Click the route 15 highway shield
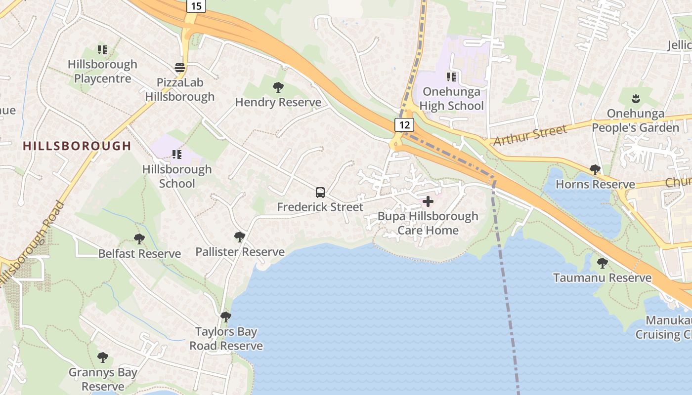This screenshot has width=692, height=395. point(196,6)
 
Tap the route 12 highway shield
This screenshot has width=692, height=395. point(404,125)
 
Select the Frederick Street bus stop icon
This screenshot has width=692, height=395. point(320,193)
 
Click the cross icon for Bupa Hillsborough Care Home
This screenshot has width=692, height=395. point(428,201)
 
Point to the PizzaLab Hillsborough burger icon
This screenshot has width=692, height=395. point(180,67)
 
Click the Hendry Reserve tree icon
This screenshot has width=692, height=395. point(278,87)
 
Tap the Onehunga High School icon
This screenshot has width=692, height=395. point(451,77)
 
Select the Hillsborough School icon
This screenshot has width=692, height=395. point(177,155)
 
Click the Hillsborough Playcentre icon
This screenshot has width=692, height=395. point(102,49)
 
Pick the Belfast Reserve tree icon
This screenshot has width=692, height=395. point(139,239)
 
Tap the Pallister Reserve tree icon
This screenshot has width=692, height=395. point(240,237)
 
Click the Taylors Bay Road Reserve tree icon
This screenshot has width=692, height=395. point(226,316)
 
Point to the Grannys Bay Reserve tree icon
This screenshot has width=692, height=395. point(103,357)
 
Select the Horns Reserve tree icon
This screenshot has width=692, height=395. point(595,170)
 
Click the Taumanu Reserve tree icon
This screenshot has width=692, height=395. point(602,263)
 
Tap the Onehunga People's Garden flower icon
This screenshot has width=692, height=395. point(636,99)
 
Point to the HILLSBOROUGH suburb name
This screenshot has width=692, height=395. point(77,146)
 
